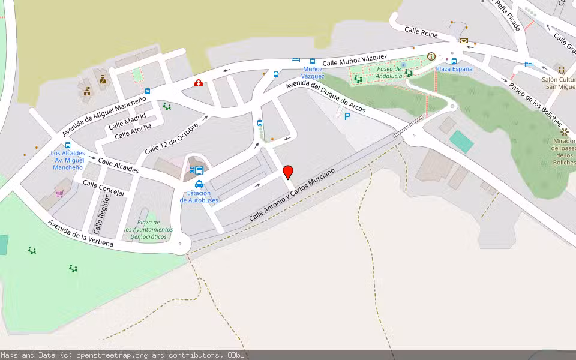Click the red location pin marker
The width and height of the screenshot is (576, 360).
click(x=288, y=172)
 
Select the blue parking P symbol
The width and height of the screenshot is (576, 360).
click(x=347, y=116)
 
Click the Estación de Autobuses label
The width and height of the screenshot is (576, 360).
click(x=199, y=196)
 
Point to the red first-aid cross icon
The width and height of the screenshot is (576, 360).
click(x=198, y=83)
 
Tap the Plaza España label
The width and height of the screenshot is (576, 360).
click(x=454, y=68)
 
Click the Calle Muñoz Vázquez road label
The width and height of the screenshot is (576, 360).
click(x=355, y=59)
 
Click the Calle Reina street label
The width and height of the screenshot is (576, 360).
click(x=421, y=32)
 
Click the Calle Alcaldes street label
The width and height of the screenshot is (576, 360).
click(x=118, y=166)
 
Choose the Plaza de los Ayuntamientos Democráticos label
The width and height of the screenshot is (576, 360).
click(x=148, y=229)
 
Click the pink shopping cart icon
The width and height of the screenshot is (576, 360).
click(x=59, y=193)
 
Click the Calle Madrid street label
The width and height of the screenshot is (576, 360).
click(x=127, y=120)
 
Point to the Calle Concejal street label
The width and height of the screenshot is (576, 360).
click(x=103, y=188)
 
